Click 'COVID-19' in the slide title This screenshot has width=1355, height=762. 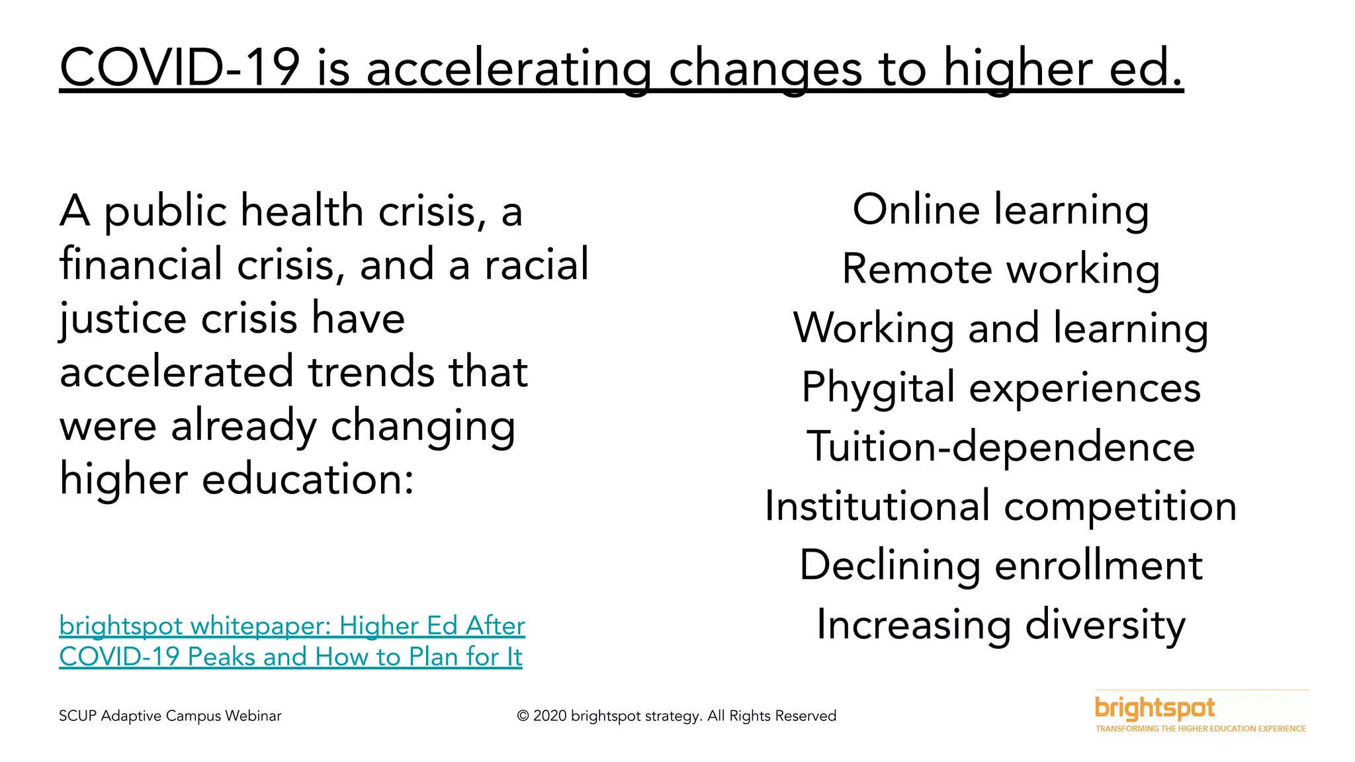point(179,68)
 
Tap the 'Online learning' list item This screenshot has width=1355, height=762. point(1000,210)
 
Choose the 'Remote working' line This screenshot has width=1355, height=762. point(1000,269)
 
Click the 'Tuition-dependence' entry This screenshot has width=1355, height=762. point(1000,446)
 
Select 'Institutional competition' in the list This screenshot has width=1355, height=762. point(1000,506)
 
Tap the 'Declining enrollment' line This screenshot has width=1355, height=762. point(1000,566)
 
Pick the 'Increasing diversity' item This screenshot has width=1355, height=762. point(1000,624)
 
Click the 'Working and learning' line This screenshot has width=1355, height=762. point(1000,328)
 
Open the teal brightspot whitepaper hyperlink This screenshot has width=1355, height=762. point(292,641)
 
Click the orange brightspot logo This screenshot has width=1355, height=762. point(1155,708)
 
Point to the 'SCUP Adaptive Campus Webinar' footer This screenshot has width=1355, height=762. point(170,716)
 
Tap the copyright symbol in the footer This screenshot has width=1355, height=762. point(523,716)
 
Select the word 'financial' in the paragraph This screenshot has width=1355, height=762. point(140,264)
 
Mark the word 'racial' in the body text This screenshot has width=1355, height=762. point(536,264)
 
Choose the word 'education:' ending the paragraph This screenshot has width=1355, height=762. point(307,479)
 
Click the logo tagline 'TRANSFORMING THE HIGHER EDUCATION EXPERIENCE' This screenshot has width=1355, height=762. point(1200,729)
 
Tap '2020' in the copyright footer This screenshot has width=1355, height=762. point(550,716)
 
